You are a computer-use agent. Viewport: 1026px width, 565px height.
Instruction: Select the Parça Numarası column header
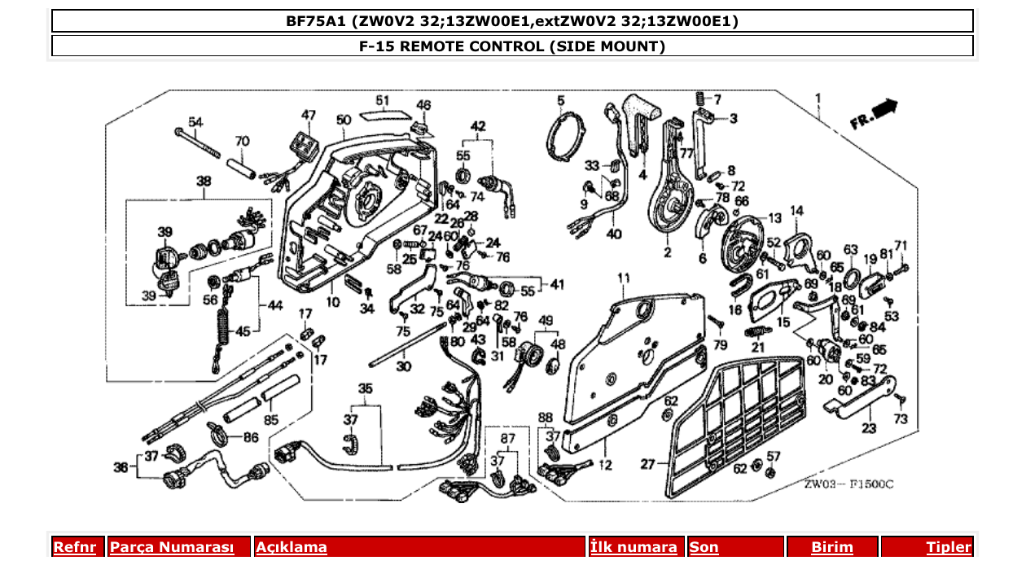click(171, 547)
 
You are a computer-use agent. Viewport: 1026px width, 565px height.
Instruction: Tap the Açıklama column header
click(292, 547)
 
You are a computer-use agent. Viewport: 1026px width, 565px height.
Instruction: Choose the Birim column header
click(831, 547)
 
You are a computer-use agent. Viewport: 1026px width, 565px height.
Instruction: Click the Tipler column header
click(949, 547)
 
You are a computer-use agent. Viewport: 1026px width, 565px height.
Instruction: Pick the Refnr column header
click(74, 547)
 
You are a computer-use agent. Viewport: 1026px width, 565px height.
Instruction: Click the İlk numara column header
click(634, 547)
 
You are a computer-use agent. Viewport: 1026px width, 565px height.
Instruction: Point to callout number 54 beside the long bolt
click(195, 121)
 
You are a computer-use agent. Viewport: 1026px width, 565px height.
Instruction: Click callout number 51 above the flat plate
click(382, 100)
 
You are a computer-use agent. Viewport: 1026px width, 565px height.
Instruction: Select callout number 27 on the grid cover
click(647, 465)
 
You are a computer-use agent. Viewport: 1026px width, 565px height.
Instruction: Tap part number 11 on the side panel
click(624, 279)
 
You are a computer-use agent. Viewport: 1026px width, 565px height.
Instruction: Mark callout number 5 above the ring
click(560, 100)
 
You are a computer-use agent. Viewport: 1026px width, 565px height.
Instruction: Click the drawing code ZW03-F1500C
click(848, 484)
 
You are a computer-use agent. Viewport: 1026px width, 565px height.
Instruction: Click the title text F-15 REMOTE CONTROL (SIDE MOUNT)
click(512, 46)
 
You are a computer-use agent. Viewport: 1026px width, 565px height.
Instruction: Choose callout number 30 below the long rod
click(403, 366)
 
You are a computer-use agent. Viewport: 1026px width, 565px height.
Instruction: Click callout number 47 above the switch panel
click(308, 115)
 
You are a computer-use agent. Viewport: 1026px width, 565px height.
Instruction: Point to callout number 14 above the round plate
click(796, 211)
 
